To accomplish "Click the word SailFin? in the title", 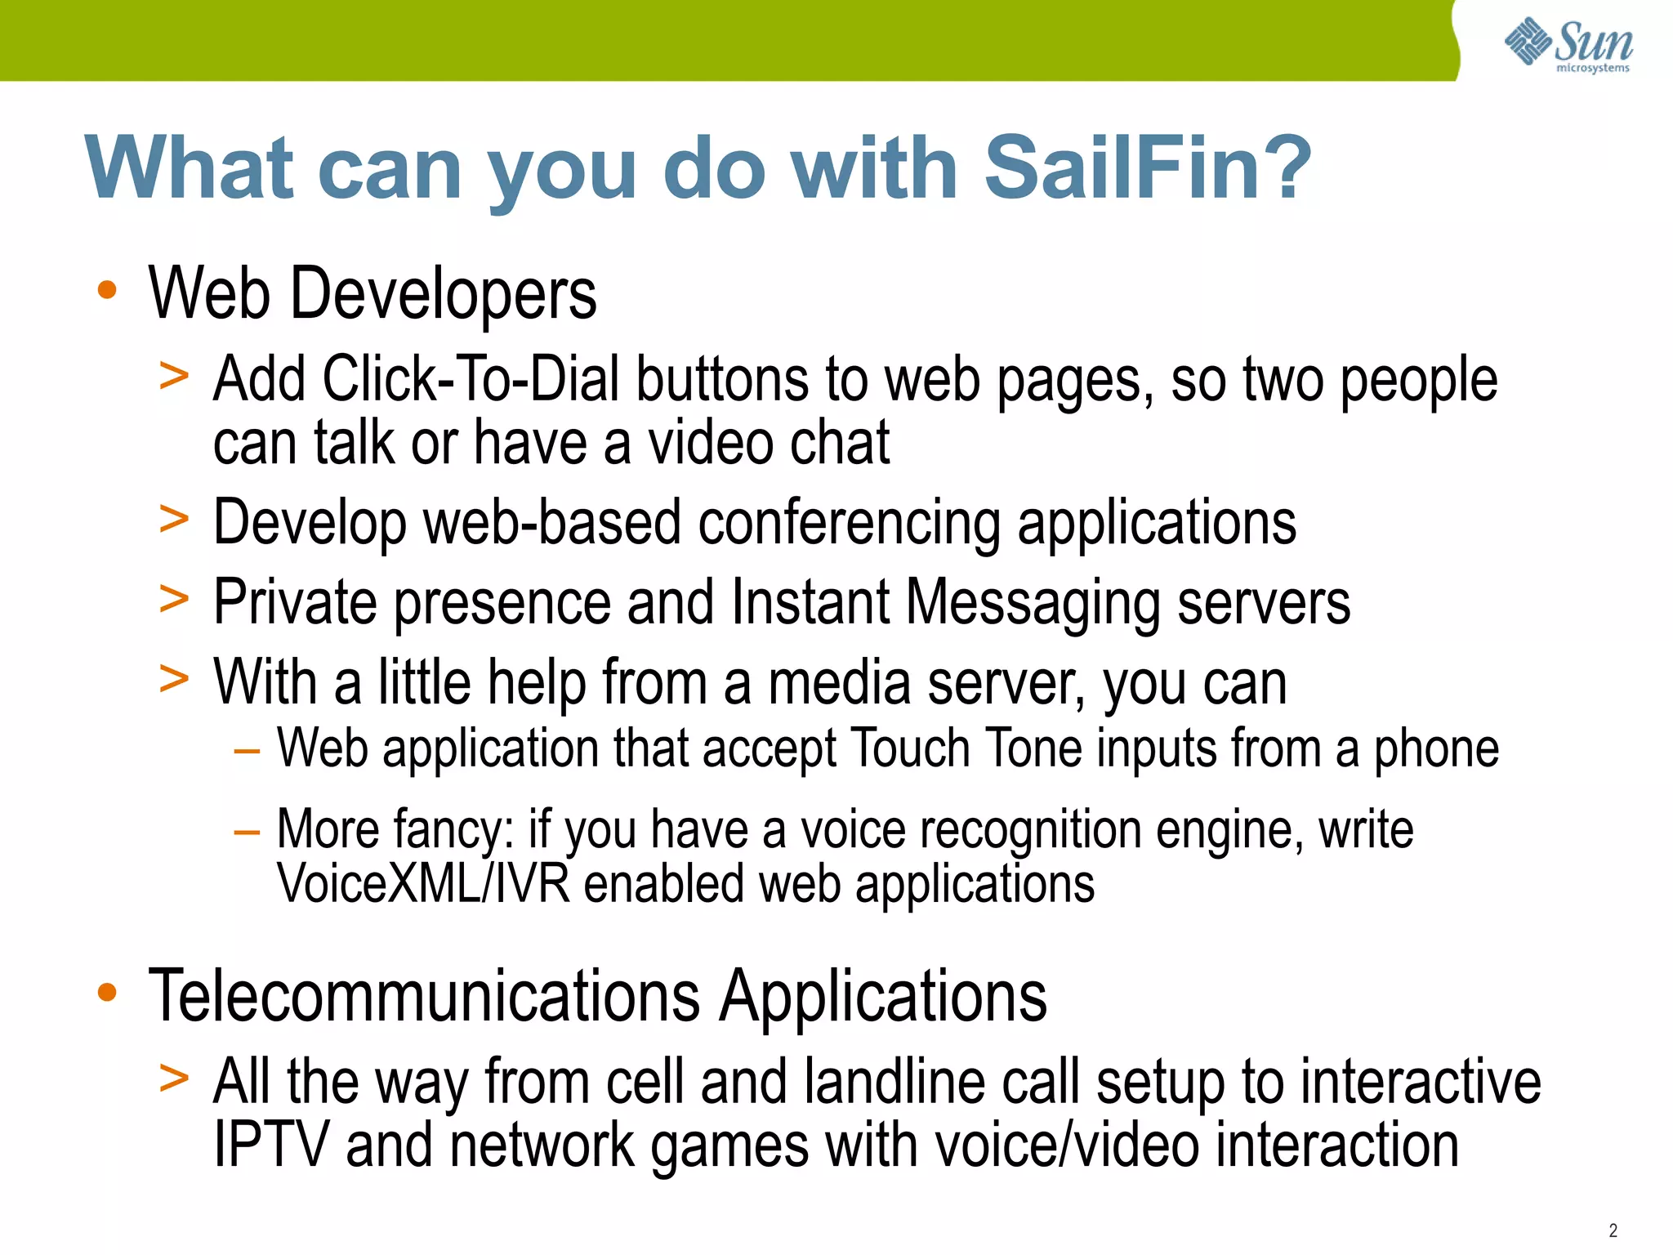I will [x=1147, y=169].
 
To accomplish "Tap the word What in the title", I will [x=189, y=169].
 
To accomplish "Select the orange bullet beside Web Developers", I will [x=107, y=290].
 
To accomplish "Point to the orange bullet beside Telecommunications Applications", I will [x=107, y=993].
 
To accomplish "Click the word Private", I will [x=295, y=603].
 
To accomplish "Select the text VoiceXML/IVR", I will [x=423, y=884].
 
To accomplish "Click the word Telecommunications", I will [x=424, y=996].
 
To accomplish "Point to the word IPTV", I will [x=271, y=1145].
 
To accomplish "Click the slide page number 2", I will [x=1613, y=1230].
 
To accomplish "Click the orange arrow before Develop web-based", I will [x=174, y=520].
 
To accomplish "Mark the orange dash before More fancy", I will [x=246, y=833].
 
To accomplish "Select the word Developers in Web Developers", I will [x=443, y=294].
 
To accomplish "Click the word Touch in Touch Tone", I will [x=909, y=748].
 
